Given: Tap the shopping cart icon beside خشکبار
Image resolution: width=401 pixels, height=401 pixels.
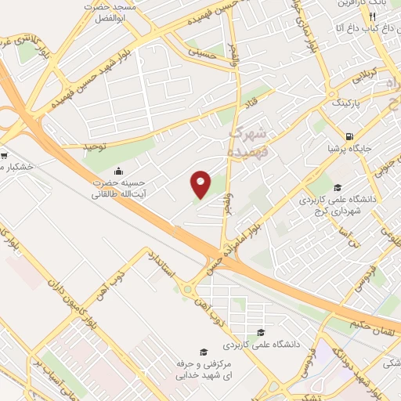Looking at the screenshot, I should click(3, 154).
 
